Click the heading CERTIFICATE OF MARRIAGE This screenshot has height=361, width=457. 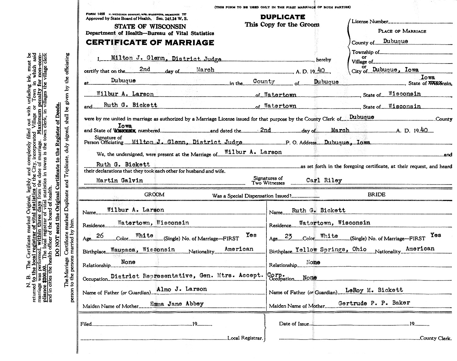click(x=150, y=43)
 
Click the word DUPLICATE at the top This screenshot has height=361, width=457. click(x=282, y=17)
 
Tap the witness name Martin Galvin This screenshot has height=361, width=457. click(x=119, y=180)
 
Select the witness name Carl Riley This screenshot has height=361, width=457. click(x=324, y=180)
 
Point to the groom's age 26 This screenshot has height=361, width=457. click(x=100, y=236)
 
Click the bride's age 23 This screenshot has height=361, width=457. click(x=288, y=236)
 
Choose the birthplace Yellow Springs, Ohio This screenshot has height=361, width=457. click(x=331, y=249)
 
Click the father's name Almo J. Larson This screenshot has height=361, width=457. click(x=182, y=289)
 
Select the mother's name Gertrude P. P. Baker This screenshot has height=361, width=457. click(x=374, y=303)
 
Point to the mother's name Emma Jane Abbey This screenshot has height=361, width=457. click(x=176, y=303)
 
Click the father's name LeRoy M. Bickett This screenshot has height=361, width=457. click(x=374, y=290)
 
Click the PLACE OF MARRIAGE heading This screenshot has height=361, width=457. click(x=402, y=31)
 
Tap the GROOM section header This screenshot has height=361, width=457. click(x=154, y=194)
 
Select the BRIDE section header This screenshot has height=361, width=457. click(x=376, y=194)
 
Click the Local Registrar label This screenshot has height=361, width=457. click(x=245, y=338)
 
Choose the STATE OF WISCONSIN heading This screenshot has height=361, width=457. click(x=150, y=27)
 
